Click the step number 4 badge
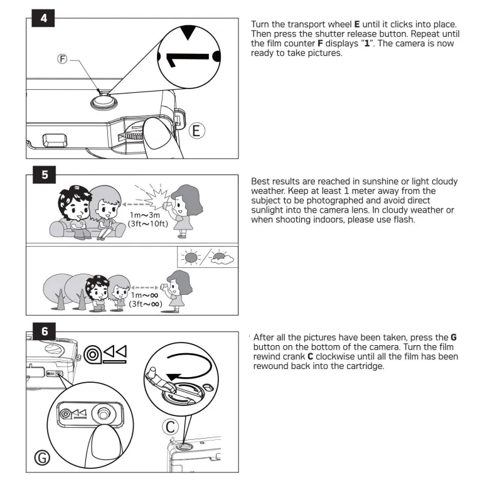[43, 18]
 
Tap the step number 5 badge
[44, 174]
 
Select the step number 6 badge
[44, 331]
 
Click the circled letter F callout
[62, 59]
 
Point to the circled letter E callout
[196, 131]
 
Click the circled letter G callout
[42, 457]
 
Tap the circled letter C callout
[170, 427]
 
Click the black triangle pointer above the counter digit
[188, 33]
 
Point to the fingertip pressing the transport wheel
[158, 134]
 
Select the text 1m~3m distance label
[145, 215]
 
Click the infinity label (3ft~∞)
[146, 304]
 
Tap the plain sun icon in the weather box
[191, 257]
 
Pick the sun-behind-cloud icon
[222, 258]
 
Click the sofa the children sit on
[87, 228]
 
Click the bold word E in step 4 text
[357, 24]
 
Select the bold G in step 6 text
[453, 338]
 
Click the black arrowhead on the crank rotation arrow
[174, 377]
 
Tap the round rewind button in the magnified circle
[102, 414]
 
